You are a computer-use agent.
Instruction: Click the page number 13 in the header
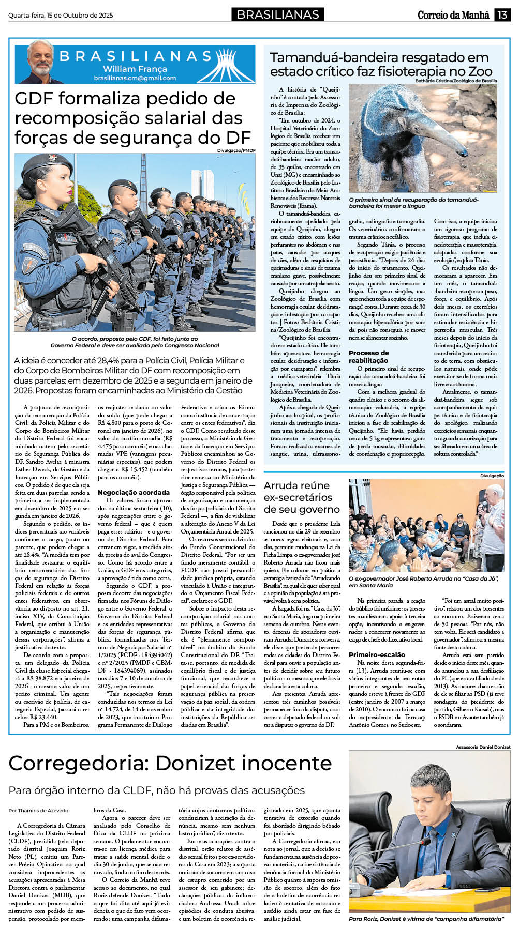click(502, 14)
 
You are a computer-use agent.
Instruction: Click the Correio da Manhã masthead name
click(453, 15)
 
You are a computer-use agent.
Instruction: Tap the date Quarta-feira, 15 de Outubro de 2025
click(61, 16)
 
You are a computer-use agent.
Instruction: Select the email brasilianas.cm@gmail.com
click(135, 78)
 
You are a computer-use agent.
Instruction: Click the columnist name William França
click(135, 69)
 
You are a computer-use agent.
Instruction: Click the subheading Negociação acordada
click(134, 492)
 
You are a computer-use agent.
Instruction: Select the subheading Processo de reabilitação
click(368, 356)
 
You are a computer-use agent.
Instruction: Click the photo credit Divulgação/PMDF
click(236, 150)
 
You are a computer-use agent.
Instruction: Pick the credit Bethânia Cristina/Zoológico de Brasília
click(455, 81)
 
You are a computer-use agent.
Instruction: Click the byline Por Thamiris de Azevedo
click(38, 810)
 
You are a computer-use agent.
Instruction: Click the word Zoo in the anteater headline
click(480, 71)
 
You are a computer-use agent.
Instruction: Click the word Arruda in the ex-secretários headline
click(280, 485)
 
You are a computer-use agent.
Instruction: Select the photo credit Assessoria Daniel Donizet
click(483, 747)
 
